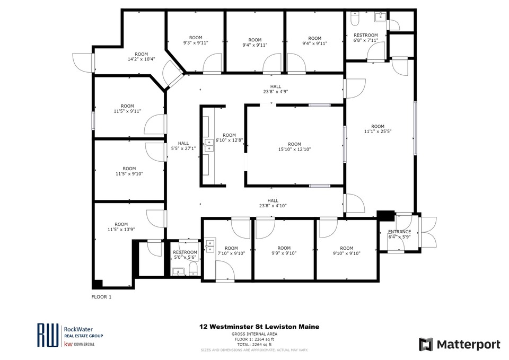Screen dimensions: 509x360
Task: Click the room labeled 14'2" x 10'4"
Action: (141, 57)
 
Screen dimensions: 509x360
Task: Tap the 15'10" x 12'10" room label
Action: (294, 147)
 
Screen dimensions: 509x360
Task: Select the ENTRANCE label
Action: (400, 232)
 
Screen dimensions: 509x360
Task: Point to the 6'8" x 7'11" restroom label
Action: (366, 38)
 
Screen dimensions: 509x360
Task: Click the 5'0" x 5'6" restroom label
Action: (185, 255)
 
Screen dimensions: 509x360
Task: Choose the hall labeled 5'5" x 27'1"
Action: (183, 146)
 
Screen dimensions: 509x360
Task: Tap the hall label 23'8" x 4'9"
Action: (276, 89)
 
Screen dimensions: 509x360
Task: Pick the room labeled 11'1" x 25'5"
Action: (378, 129)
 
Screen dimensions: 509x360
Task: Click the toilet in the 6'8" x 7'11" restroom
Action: (355, 19)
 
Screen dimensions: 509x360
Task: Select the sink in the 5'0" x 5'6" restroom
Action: (178, 271)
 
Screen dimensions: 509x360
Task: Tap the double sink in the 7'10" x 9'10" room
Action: (210, 246)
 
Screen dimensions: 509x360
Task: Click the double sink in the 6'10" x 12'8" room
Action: (209, 145)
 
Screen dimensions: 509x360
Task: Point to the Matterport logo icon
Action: (426, 345)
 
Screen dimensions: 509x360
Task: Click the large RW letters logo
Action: (48, 335)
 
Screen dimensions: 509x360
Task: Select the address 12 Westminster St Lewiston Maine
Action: (259, 327)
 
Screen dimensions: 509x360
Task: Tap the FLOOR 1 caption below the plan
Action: (101, 297)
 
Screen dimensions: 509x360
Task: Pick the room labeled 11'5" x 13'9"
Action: (121, 227)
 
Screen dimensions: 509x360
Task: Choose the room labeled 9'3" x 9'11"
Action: (196, 40)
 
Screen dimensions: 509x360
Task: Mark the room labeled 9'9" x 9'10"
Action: (284, 251)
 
